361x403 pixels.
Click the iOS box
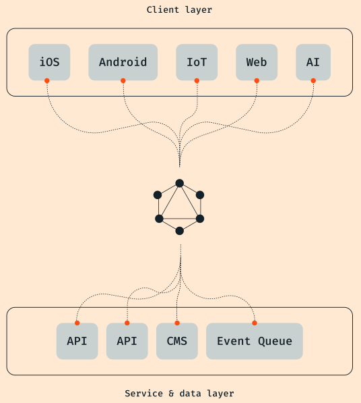49,62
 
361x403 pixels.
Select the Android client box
123,62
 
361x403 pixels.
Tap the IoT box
197,62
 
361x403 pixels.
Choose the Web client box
257,62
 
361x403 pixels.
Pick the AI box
313,62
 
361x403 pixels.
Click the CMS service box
177,341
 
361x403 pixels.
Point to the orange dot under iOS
47,81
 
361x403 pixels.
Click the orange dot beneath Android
123,81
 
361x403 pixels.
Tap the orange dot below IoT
197,81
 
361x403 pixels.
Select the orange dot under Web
257,81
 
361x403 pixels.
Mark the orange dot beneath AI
313,81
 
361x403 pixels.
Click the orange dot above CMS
177,323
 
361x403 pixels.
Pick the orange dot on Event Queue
255,323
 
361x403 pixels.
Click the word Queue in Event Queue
275,342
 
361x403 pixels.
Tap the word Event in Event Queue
234,342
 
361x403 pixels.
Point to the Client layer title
179,10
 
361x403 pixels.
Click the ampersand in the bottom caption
171,394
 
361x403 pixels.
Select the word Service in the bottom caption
144,394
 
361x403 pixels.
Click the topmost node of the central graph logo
179,183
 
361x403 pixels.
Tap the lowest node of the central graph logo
179,231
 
